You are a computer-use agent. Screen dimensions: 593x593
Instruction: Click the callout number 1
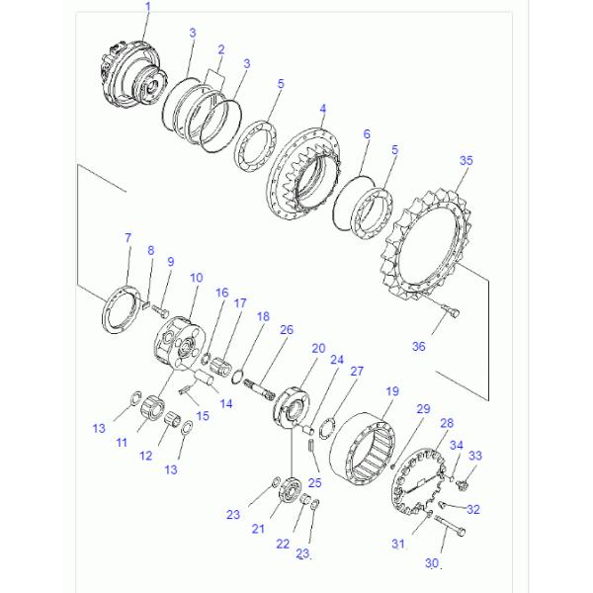148,7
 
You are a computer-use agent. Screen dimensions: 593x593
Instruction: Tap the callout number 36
419,346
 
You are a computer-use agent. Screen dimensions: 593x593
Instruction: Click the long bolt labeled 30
450,525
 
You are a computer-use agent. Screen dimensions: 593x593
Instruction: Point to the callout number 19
392,390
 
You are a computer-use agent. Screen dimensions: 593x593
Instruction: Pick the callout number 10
197,278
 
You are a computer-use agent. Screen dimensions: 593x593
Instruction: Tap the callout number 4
322,109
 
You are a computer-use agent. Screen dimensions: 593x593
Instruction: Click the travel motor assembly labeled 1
134,75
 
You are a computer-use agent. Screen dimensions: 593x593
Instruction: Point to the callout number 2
220,49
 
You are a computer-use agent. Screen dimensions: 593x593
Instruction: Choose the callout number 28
447,423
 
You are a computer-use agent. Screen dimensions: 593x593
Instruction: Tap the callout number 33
475,456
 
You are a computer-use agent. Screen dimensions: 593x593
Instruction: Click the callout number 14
225,403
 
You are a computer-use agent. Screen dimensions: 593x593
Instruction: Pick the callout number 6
367,133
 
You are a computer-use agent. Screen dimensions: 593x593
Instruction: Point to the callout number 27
357,372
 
